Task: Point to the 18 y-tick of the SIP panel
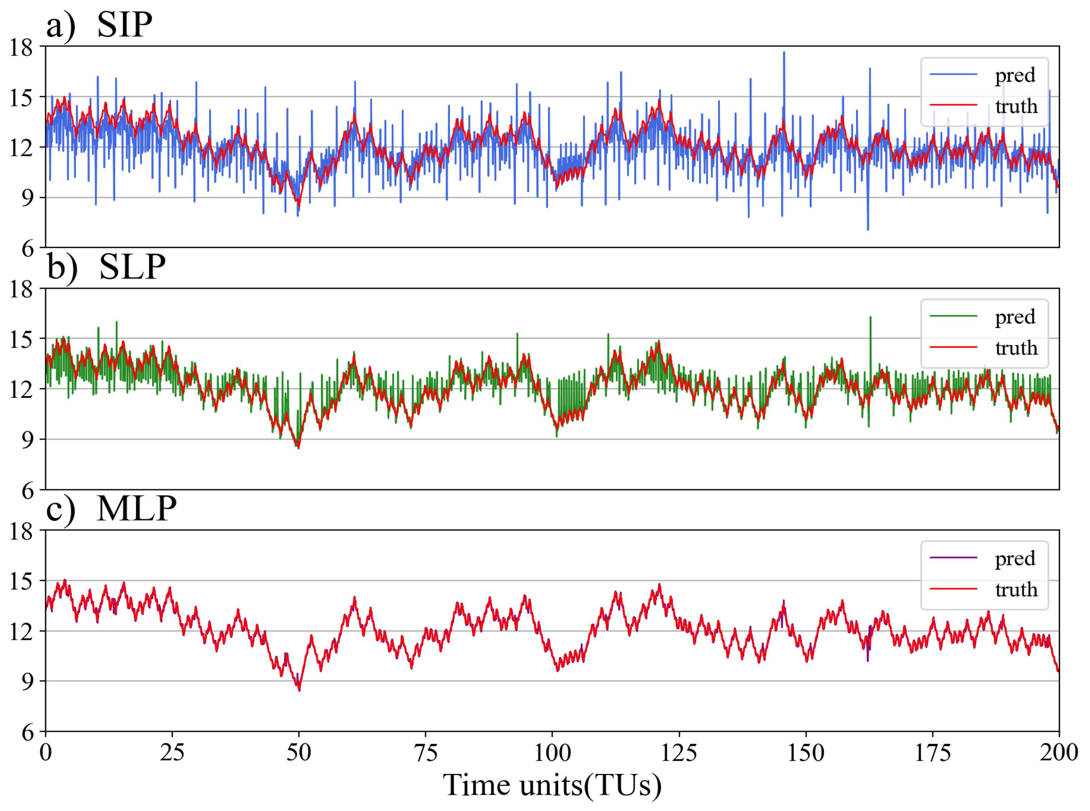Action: click(22, 47)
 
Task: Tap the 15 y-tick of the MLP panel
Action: click(22, 581)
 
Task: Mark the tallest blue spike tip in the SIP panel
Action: click(784, 52)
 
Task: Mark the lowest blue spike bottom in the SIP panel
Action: click(868, 229)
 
